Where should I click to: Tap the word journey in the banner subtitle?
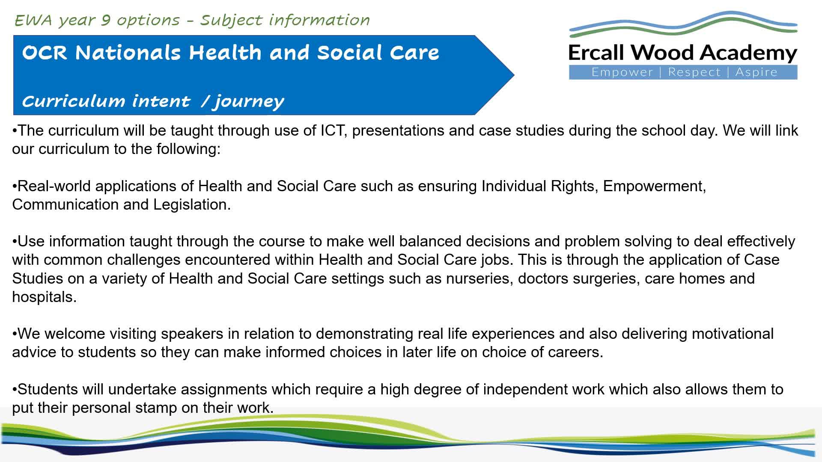click(249, 102)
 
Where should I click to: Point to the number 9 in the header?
click(106, 21)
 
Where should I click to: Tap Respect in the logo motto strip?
click(694, 72)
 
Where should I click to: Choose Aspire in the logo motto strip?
click(756, 72)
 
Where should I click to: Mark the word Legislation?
click(192, 204)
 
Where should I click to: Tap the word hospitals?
click(44, 297)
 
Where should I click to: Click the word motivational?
click(733, 334)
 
